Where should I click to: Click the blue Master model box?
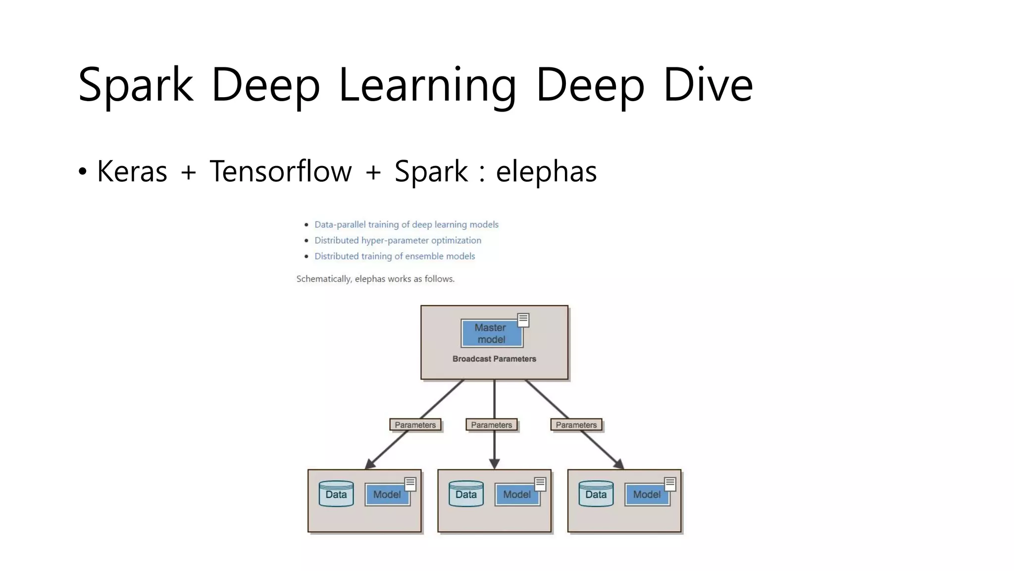coord(491,334)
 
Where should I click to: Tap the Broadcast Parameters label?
coord(494,359)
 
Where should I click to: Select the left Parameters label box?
coord(415,425)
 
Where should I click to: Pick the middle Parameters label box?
coord(492,425)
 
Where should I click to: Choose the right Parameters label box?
coord(576,425)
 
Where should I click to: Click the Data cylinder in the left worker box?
coord(336,494)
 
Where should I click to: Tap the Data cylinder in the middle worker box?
coord(466,494)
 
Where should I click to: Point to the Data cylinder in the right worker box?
coord(596,494)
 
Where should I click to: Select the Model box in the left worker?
coord(387,495)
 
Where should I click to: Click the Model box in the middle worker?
coord(517,495)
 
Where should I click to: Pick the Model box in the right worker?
coord(647,495)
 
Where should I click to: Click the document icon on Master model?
coord(523,320)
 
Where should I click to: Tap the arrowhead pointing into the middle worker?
coord(494,464)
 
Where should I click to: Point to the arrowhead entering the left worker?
coord(370,464)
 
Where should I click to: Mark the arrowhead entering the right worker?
coord(619,464)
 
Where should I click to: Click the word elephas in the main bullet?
coord(546,171)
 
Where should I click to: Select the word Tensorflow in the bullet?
coord(280,171)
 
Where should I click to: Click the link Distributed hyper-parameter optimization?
coord(398,240)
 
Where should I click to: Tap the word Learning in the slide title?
coord(427,85)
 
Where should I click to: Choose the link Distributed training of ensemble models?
coord(395,256)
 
